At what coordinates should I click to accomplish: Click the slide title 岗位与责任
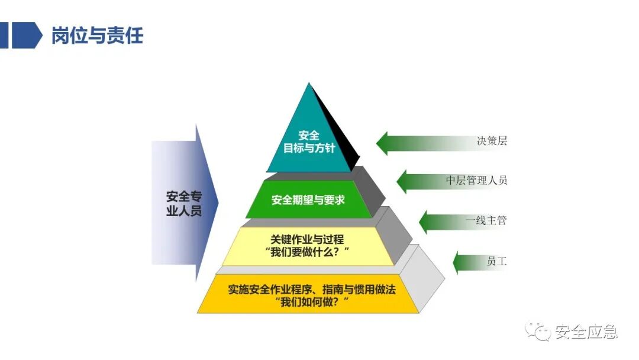97,36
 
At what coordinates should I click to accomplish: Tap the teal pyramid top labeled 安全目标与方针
309,142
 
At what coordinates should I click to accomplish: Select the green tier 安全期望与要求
308,200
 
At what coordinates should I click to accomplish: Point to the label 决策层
492,142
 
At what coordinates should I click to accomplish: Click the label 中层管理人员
476,181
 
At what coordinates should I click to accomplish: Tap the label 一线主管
486,221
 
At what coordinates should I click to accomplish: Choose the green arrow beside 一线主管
441,221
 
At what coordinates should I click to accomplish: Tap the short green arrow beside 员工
467,262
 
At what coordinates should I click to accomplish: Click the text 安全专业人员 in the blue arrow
183,203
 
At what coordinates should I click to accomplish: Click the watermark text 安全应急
586,332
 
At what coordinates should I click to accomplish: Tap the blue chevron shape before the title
27,36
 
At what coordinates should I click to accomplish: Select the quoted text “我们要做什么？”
308,253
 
